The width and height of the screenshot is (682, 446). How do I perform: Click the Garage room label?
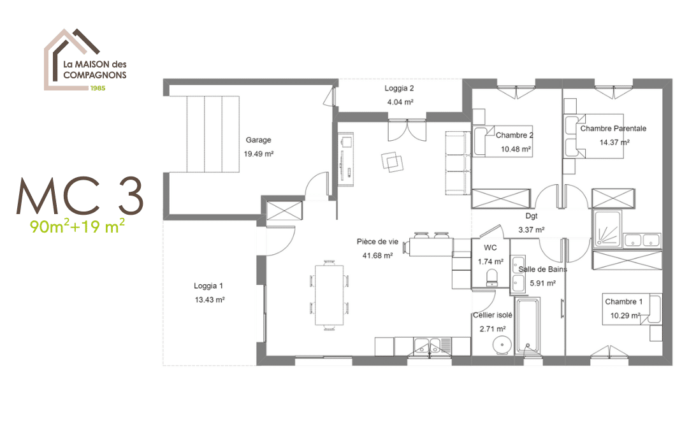point(258,140)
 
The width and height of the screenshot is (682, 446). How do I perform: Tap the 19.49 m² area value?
point(258,154)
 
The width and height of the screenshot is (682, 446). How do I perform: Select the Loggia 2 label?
point(399,88)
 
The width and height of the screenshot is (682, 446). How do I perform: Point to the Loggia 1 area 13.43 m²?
point(210,299)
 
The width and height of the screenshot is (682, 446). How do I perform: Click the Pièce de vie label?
point(377,241)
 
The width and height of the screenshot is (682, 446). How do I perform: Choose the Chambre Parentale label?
point(613,128)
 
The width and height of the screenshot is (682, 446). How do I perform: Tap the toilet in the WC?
point(492,278)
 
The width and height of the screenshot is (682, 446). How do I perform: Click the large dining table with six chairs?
point(330,295)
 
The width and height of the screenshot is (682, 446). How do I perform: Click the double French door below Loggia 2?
point(407,129)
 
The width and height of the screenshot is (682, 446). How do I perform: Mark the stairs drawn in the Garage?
point(213,134)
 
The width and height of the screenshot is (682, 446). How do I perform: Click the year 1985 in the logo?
point(98,88)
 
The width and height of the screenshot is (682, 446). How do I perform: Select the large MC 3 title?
point(80,196)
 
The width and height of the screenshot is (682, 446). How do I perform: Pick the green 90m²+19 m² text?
point(77,226)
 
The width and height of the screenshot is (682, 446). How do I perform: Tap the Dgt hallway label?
point(531,216)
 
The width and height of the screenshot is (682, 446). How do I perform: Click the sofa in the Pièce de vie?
point(458,163)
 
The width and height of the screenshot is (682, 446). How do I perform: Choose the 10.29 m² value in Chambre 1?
point(625,315)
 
